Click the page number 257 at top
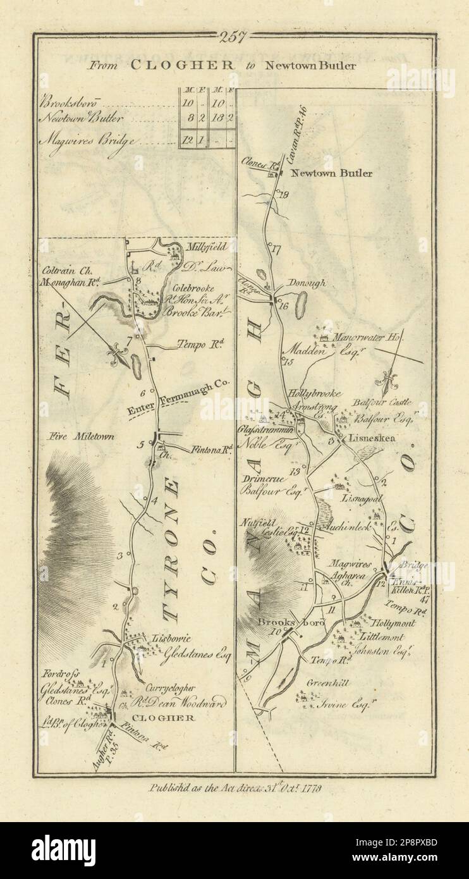(235, 37)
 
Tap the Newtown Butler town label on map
(331, 173)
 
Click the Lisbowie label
(167, 639)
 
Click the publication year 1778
(312, 789)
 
